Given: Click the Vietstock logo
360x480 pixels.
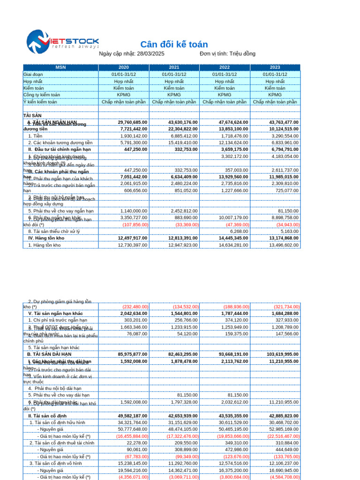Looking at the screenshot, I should [62, 42].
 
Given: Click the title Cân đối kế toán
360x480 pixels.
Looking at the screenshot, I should [174, 45].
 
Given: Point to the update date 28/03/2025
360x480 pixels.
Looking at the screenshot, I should [150, 54].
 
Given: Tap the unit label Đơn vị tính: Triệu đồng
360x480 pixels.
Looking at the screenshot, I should [227, 54].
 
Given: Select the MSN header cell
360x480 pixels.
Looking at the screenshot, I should [60, 67].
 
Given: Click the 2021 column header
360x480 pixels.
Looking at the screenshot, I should [174, 67].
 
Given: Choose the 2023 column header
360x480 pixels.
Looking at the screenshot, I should [275, 67].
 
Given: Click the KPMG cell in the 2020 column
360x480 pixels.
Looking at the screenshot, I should [124, 95].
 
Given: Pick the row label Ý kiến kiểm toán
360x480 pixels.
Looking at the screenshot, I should [40, 102].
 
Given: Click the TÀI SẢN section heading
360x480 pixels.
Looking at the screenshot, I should [32, 115].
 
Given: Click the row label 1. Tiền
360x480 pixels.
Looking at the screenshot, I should [35, 136].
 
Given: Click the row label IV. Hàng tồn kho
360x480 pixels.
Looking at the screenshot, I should [46, 238].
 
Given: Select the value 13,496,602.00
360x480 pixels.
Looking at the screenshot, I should [284, 245].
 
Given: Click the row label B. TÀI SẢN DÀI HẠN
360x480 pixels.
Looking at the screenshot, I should [49, 355].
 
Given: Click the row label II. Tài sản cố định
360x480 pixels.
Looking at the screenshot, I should [47, 416].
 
